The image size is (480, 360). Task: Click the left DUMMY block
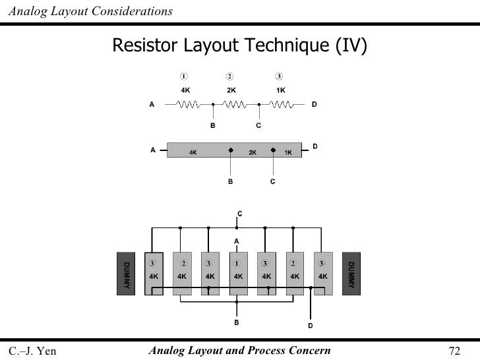pos(125,274)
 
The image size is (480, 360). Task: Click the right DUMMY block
pos(351,274)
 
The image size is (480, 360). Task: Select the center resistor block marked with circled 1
pos(237,272)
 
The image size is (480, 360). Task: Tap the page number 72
pos(454,350)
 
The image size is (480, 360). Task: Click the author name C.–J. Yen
pos(32,350)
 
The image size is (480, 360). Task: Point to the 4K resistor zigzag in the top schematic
pos(189,104)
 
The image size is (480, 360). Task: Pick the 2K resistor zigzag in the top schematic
pos(235,104)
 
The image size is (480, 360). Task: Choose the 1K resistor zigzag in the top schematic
pos(282,104)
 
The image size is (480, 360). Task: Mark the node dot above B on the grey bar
pos(231,150)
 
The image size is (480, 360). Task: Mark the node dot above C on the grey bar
pos(273,150)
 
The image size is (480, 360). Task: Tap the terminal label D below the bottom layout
pos(311,326)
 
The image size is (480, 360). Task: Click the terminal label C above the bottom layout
pos(240,213)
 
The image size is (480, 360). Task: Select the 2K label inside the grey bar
pos(252,152)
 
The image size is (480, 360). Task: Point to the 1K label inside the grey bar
pos(288,152)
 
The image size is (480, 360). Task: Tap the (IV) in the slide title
pos(351,45)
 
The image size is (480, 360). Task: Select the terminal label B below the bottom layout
pos(237,323)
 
